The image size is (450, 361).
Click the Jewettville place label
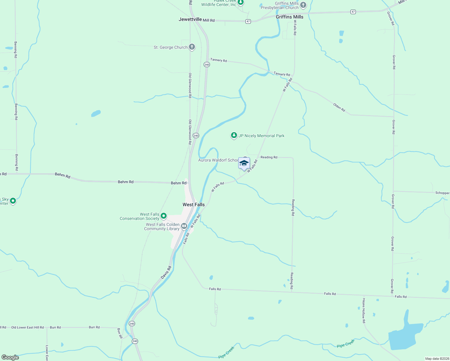[190, 20]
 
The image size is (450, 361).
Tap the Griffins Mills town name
[289, 17]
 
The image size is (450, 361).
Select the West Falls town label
[193, 205]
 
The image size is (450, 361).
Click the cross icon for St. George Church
[192, 47]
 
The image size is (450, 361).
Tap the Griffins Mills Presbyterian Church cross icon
[303, 5]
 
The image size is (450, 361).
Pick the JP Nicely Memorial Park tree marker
[234, 135]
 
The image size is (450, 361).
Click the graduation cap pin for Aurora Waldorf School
[244, 163]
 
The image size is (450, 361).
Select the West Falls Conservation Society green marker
[164, 216]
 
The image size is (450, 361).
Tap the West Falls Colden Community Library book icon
[184, 226]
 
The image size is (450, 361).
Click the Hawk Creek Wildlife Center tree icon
[240, 2]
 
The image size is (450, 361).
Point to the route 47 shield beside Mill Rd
[248, 22]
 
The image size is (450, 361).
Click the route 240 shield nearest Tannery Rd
[207, 65]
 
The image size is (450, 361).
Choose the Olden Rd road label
[339, 107]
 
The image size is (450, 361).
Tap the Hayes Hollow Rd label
[364, 311]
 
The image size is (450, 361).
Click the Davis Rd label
[166, 272]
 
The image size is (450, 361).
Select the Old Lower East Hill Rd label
[27, 327]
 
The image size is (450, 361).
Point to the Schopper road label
[442, 193]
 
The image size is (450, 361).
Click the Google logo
[10, 357]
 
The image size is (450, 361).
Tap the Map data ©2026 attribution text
[437, 359]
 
